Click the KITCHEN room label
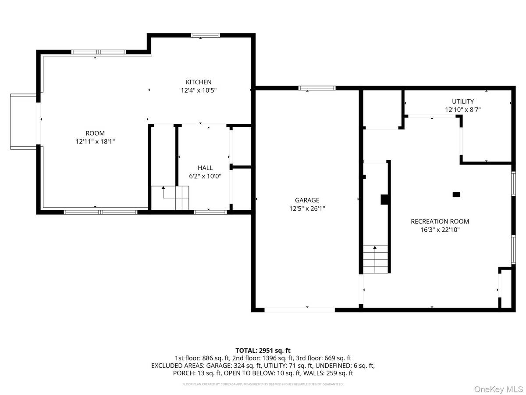tap(199, 82)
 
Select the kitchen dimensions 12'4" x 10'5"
tap(199, 90)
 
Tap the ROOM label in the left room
tap(95, 133)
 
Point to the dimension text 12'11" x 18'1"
tap(95, 141)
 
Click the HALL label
tap(205, 168)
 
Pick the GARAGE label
tap(307, 201)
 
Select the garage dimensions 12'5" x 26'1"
tap(307, 209)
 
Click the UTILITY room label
tap(463, 101)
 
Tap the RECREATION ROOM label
tap(440, 222)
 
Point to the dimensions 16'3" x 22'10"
tap(440, 230)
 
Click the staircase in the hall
tap(171, 197)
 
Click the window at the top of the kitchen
tap(205, 35)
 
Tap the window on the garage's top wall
tap(317, 88)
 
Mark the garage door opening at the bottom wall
tap(299, 309)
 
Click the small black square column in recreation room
tap(456, 194)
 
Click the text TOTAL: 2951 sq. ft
tap(263, 350)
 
